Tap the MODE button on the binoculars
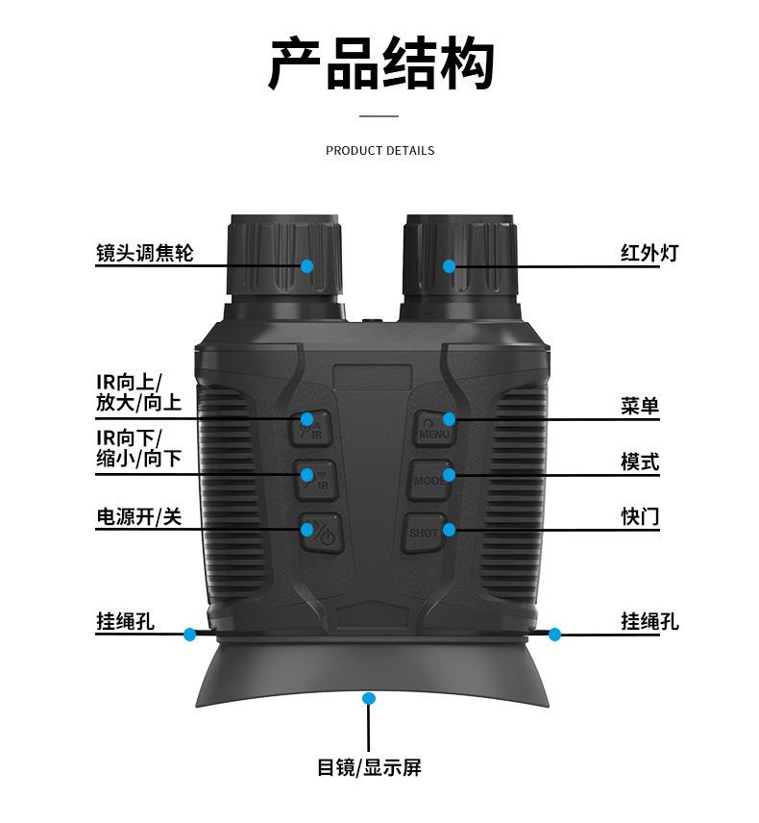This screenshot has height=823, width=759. [x=429, y=479]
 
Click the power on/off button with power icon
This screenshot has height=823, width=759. [x=318, y=533]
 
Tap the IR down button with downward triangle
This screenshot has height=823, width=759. [x=313, y=479]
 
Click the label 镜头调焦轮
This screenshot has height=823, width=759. [x=144, y=253]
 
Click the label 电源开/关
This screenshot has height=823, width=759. [x=138, y=517]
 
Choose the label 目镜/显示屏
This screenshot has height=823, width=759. [x=369, y=768]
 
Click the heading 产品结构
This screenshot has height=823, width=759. [x=380, y=65]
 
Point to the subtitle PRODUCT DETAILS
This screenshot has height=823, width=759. [x=379, y=151]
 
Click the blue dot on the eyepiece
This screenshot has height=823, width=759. [x=369, y=697]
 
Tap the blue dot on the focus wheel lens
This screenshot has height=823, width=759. [x=307, y=265]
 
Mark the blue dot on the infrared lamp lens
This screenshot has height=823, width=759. [x=449, y=265]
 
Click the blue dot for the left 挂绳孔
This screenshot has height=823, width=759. [x=190, y=635]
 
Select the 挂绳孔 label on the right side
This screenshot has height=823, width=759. [x=649, y=622]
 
